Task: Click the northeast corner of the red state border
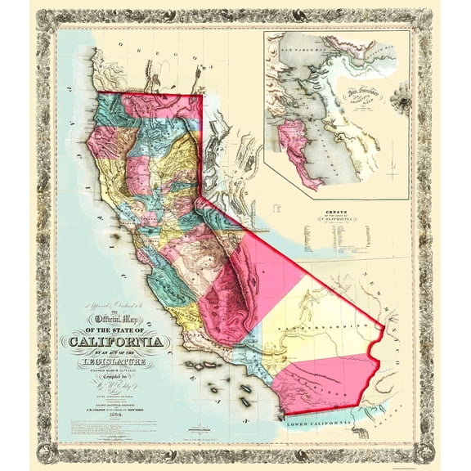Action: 202,95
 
